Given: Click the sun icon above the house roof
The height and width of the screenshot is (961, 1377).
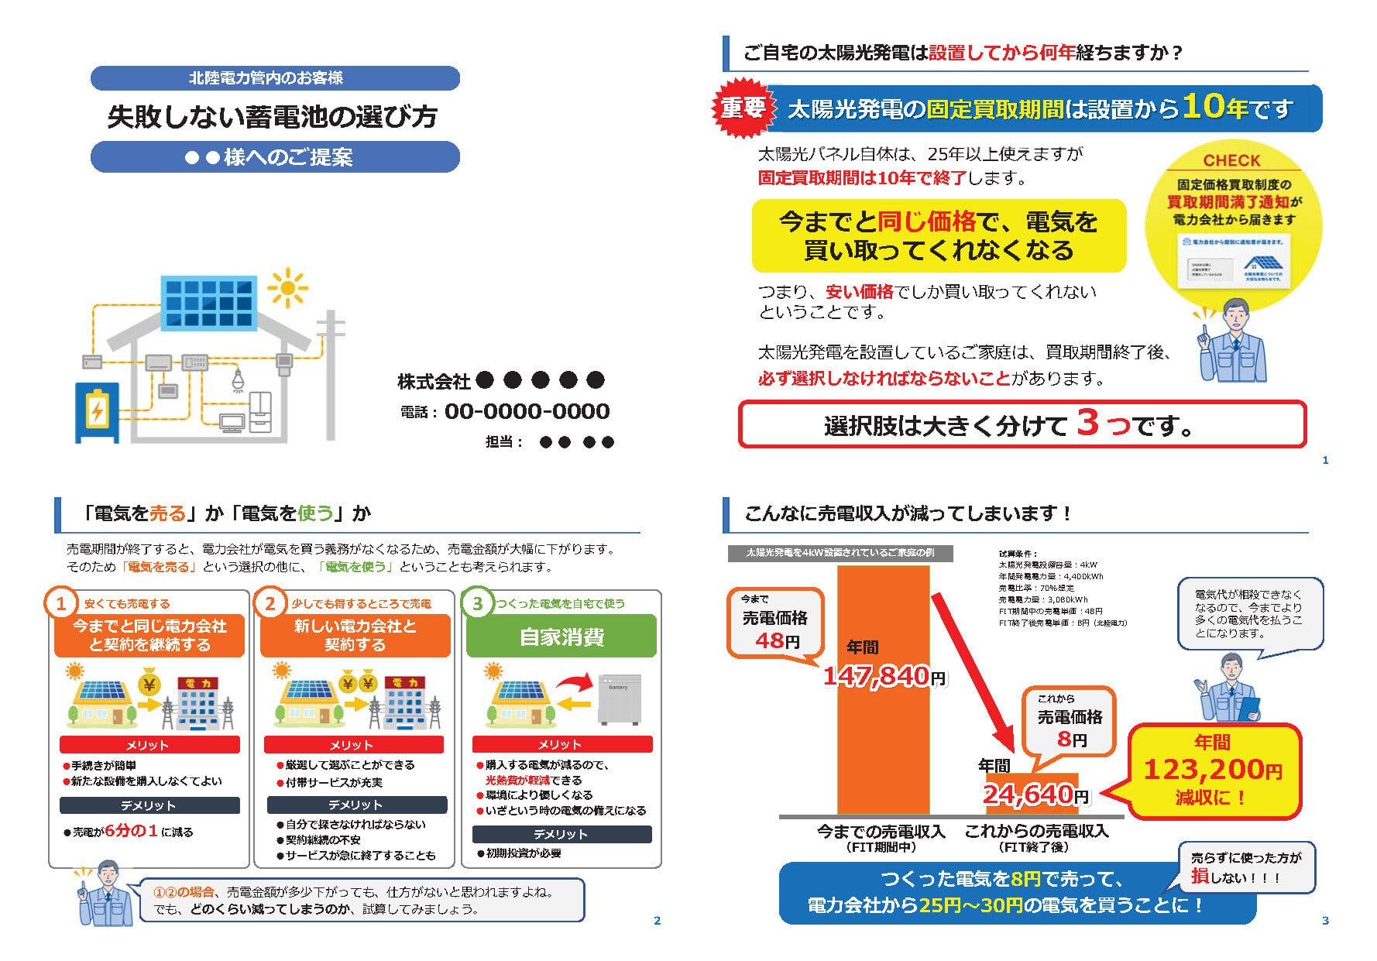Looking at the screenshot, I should (287, 289).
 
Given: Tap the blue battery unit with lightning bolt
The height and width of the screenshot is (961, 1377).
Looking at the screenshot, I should (97, 412).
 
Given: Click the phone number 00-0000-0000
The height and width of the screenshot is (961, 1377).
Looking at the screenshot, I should (527, 411).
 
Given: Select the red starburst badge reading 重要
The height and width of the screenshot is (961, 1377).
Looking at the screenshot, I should (743, 108).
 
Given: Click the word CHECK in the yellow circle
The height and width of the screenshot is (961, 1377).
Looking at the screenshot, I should (1231, 160).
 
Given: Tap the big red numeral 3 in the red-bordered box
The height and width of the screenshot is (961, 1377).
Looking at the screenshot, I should (1087, 423).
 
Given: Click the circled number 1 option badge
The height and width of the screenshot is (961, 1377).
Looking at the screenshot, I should (61, 604).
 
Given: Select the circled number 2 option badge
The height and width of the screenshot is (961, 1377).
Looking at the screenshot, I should (270, 604).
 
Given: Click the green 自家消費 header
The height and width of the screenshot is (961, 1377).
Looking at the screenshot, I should (561, 637).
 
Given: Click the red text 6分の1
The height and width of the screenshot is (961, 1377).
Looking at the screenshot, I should (131, 831).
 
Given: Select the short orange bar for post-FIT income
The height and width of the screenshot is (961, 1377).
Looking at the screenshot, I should (1032, 795).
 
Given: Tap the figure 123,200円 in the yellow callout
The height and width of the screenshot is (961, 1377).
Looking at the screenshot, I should (1212, 769).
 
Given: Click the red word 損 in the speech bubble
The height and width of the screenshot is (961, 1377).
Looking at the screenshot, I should (1200, 876).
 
